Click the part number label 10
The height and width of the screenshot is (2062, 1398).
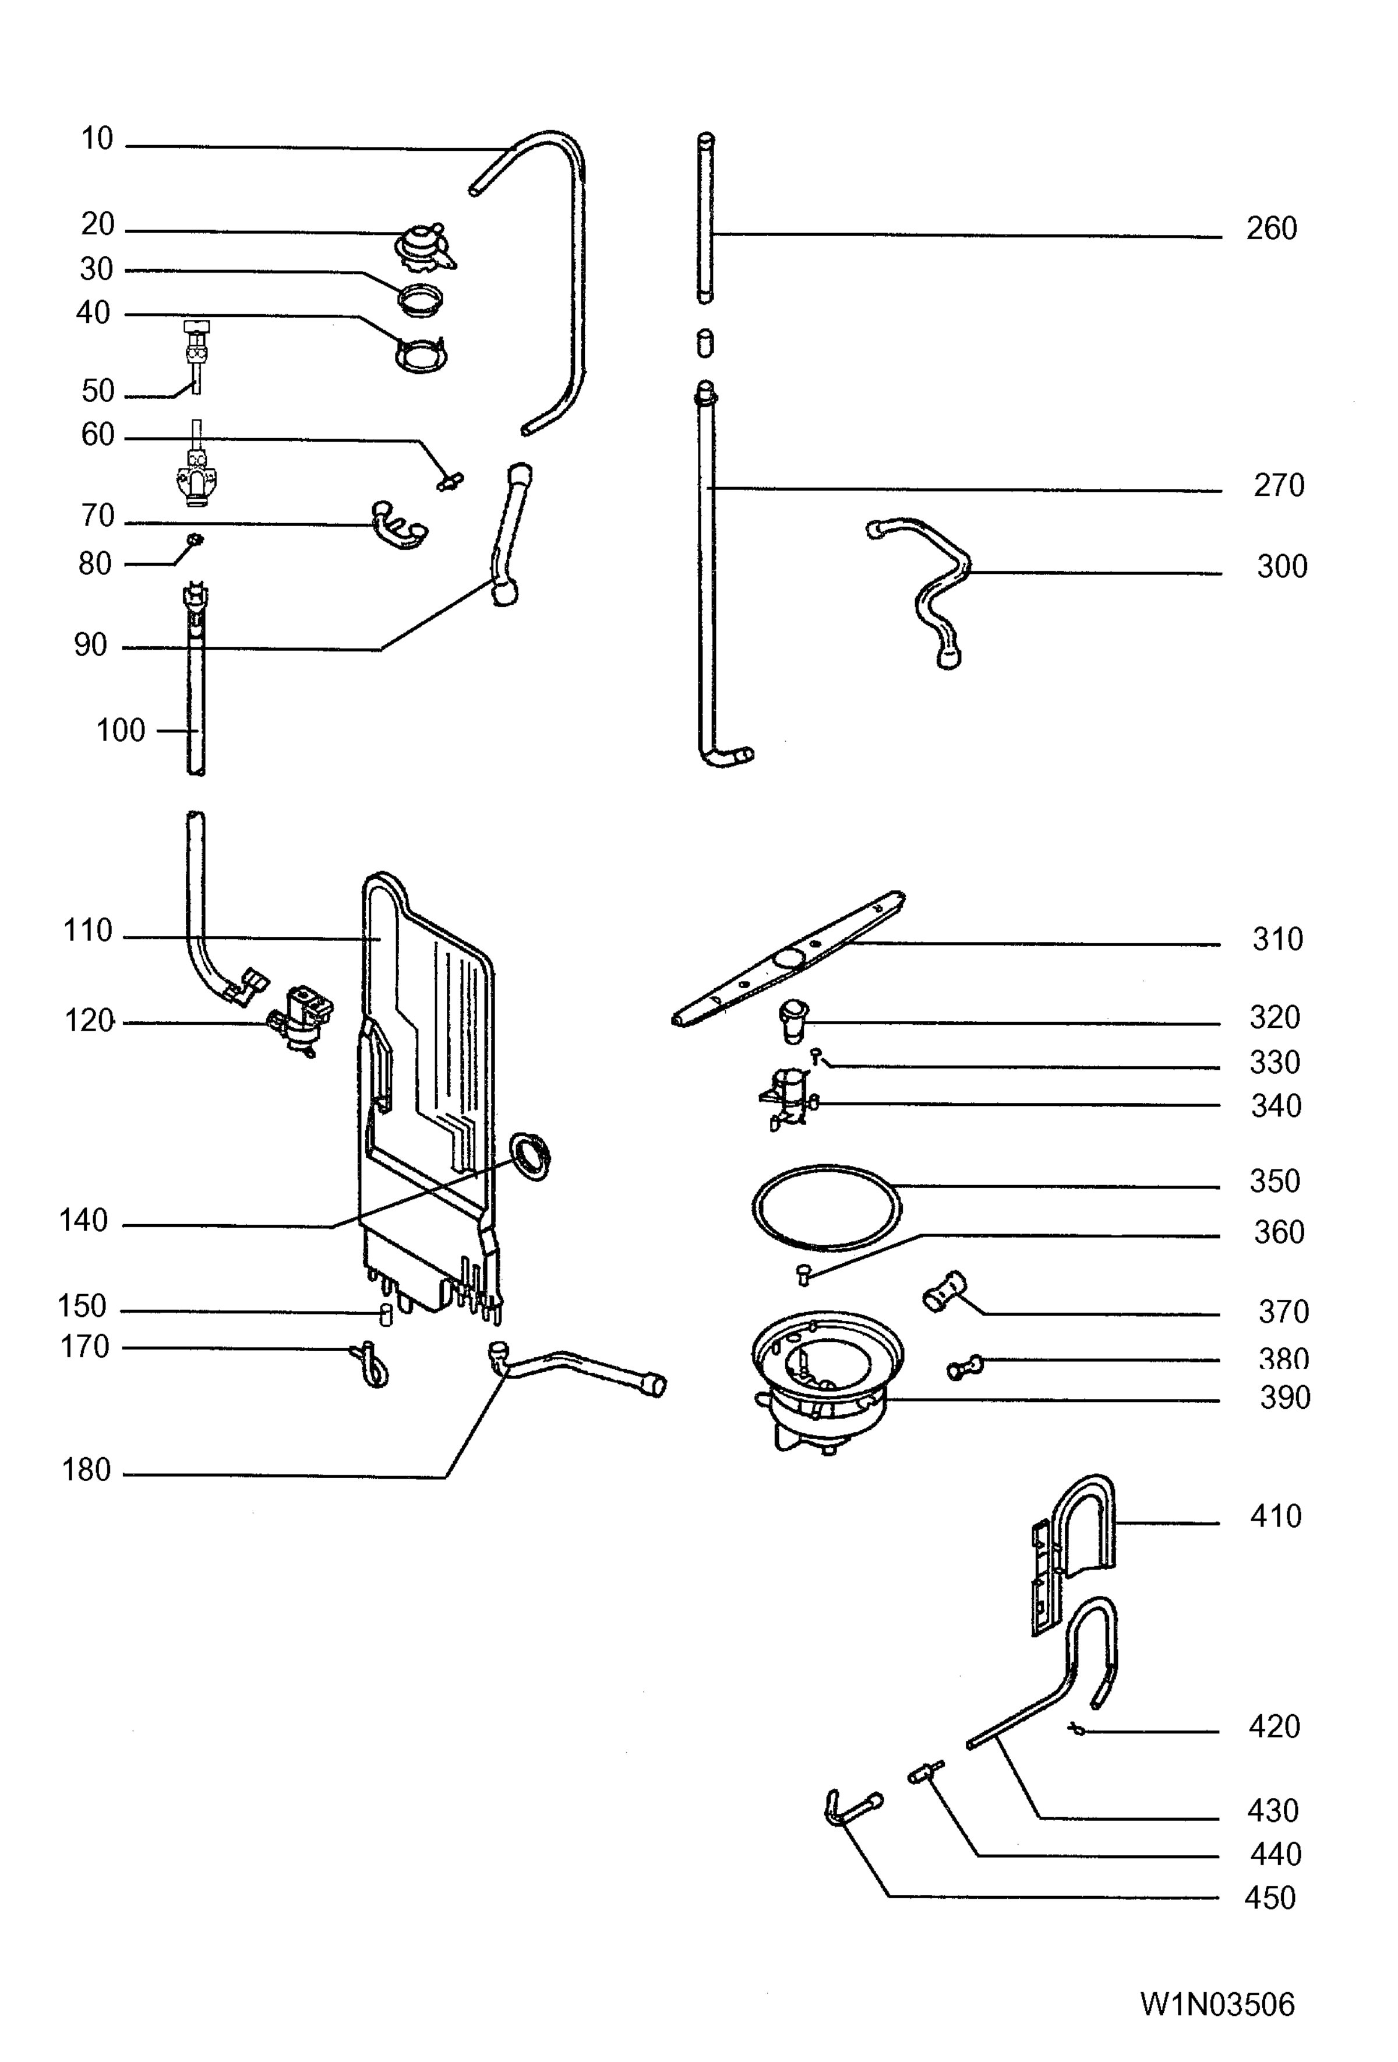(x=98, y=139)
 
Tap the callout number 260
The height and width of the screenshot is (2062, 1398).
(x=1271, y=229)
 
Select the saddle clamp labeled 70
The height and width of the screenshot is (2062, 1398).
(x=399, y=524)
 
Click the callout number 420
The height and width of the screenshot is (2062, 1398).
(x=1274, y=1726)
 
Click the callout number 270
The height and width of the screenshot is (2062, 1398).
(x=1278, y=485)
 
